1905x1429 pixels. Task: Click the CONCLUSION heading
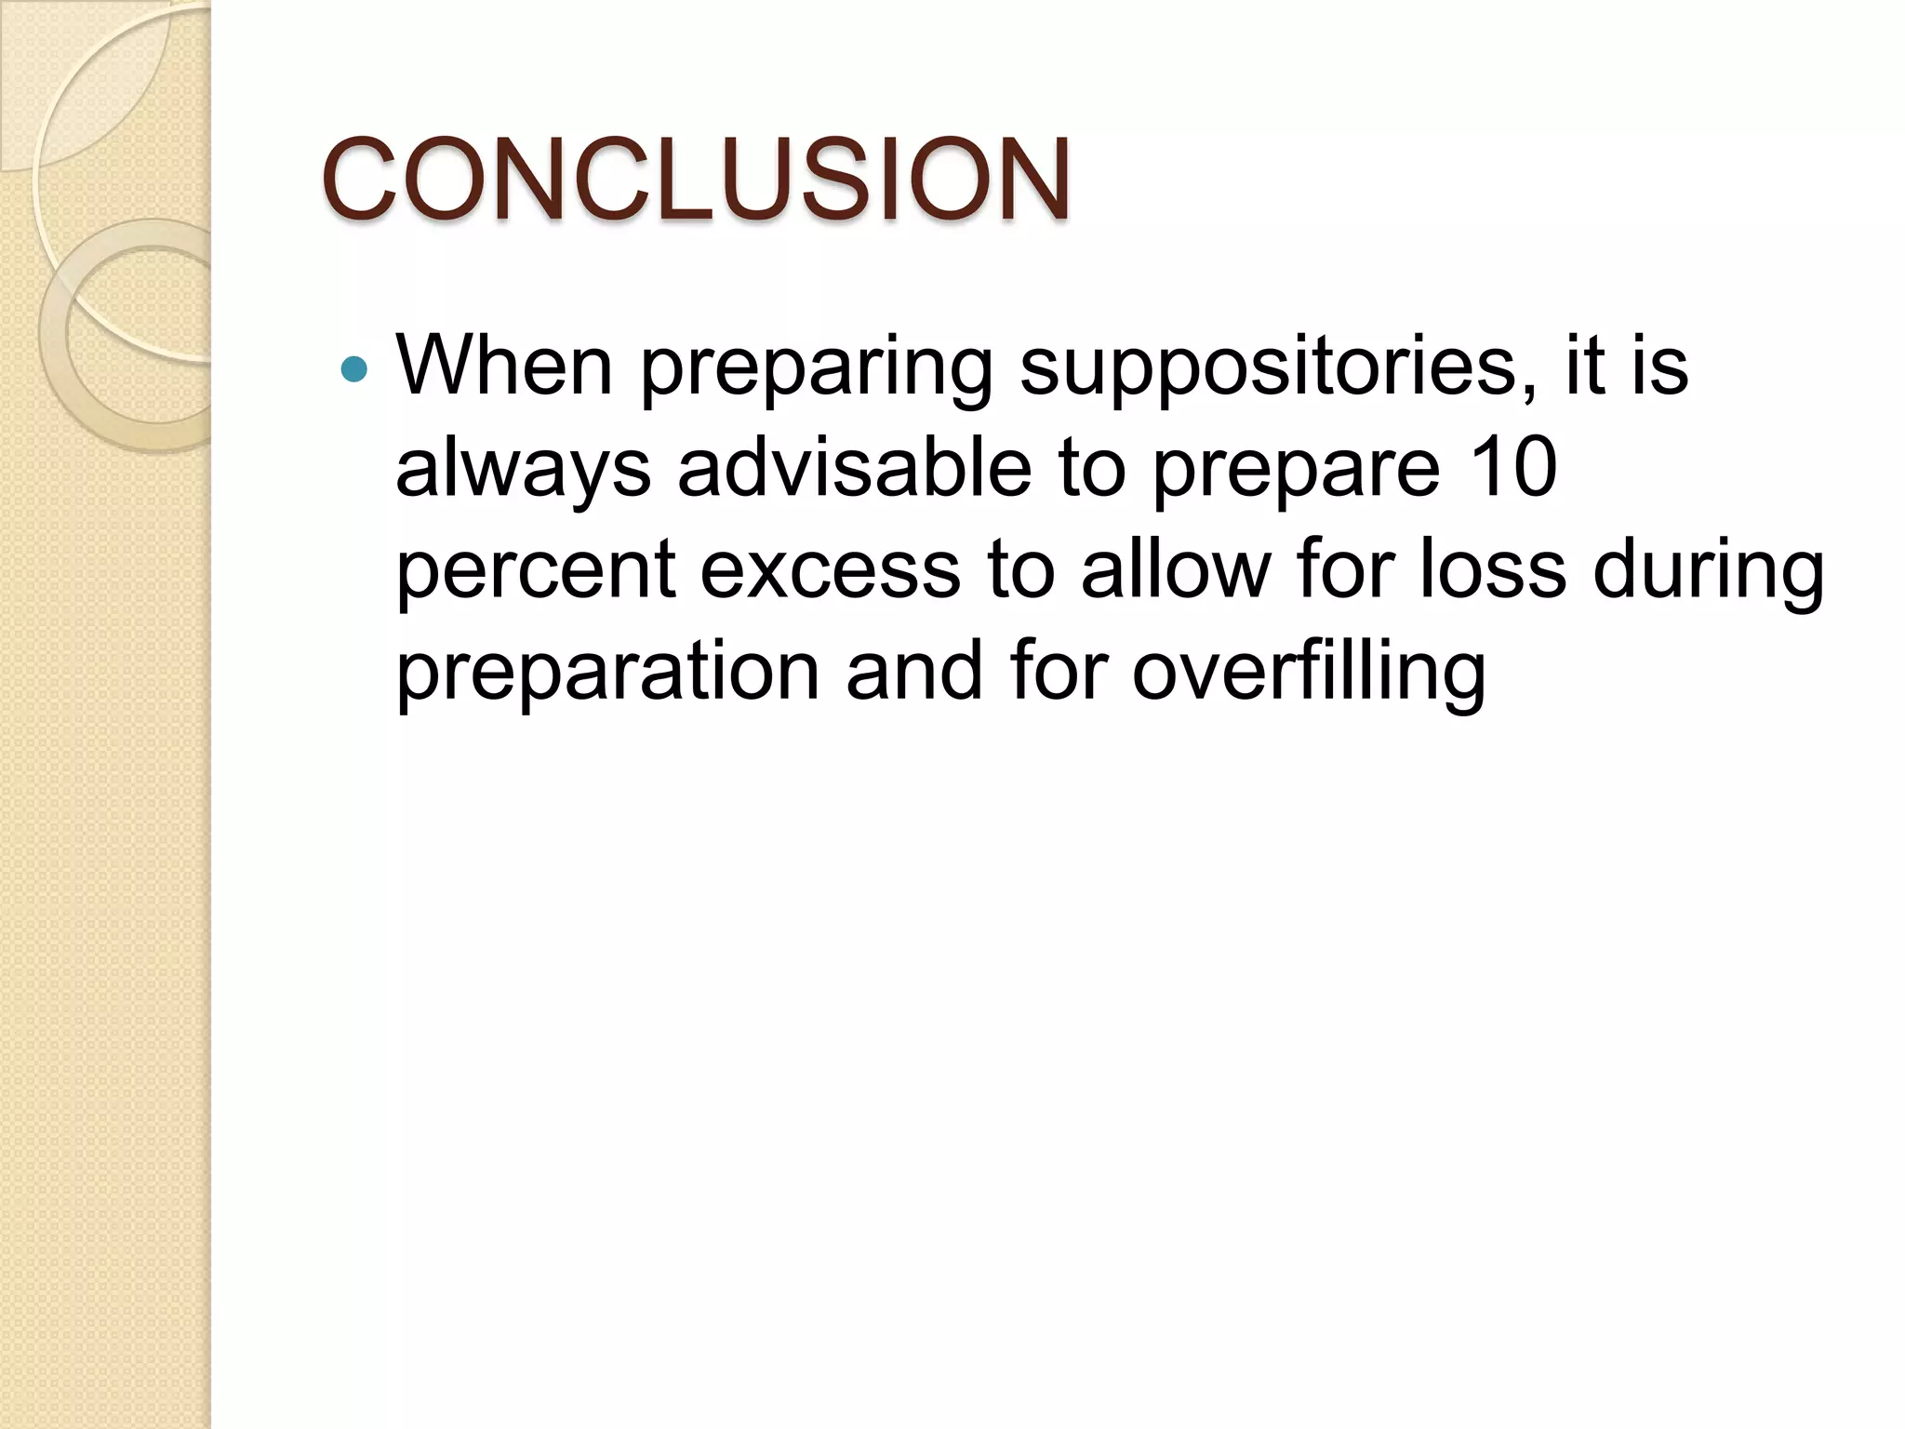696,179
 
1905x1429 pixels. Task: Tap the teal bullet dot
353,370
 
